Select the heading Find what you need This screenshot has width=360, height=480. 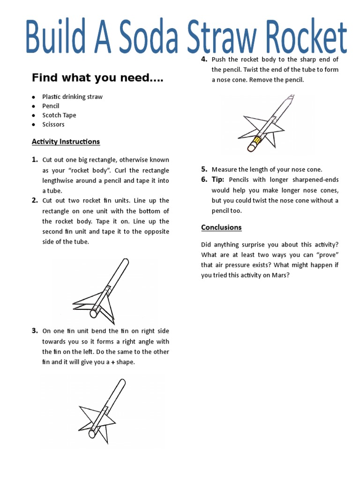97,78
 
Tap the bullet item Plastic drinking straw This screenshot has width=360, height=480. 72,97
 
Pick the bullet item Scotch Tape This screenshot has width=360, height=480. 59,115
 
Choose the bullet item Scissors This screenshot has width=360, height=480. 53,125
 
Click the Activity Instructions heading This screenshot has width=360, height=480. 66,142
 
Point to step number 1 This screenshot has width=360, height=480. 35,160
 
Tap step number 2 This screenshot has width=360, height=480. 35,201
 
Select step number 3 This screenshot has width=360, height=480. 35,331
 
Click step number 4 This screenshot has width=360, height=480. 204,59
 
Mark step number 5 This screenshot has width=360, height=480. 204,169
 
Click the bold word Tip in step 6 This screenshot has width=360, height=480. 217,180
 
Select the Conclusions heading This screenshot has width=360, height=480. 221,227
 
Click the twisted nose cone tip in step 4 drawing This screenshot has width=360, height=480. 291,99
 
